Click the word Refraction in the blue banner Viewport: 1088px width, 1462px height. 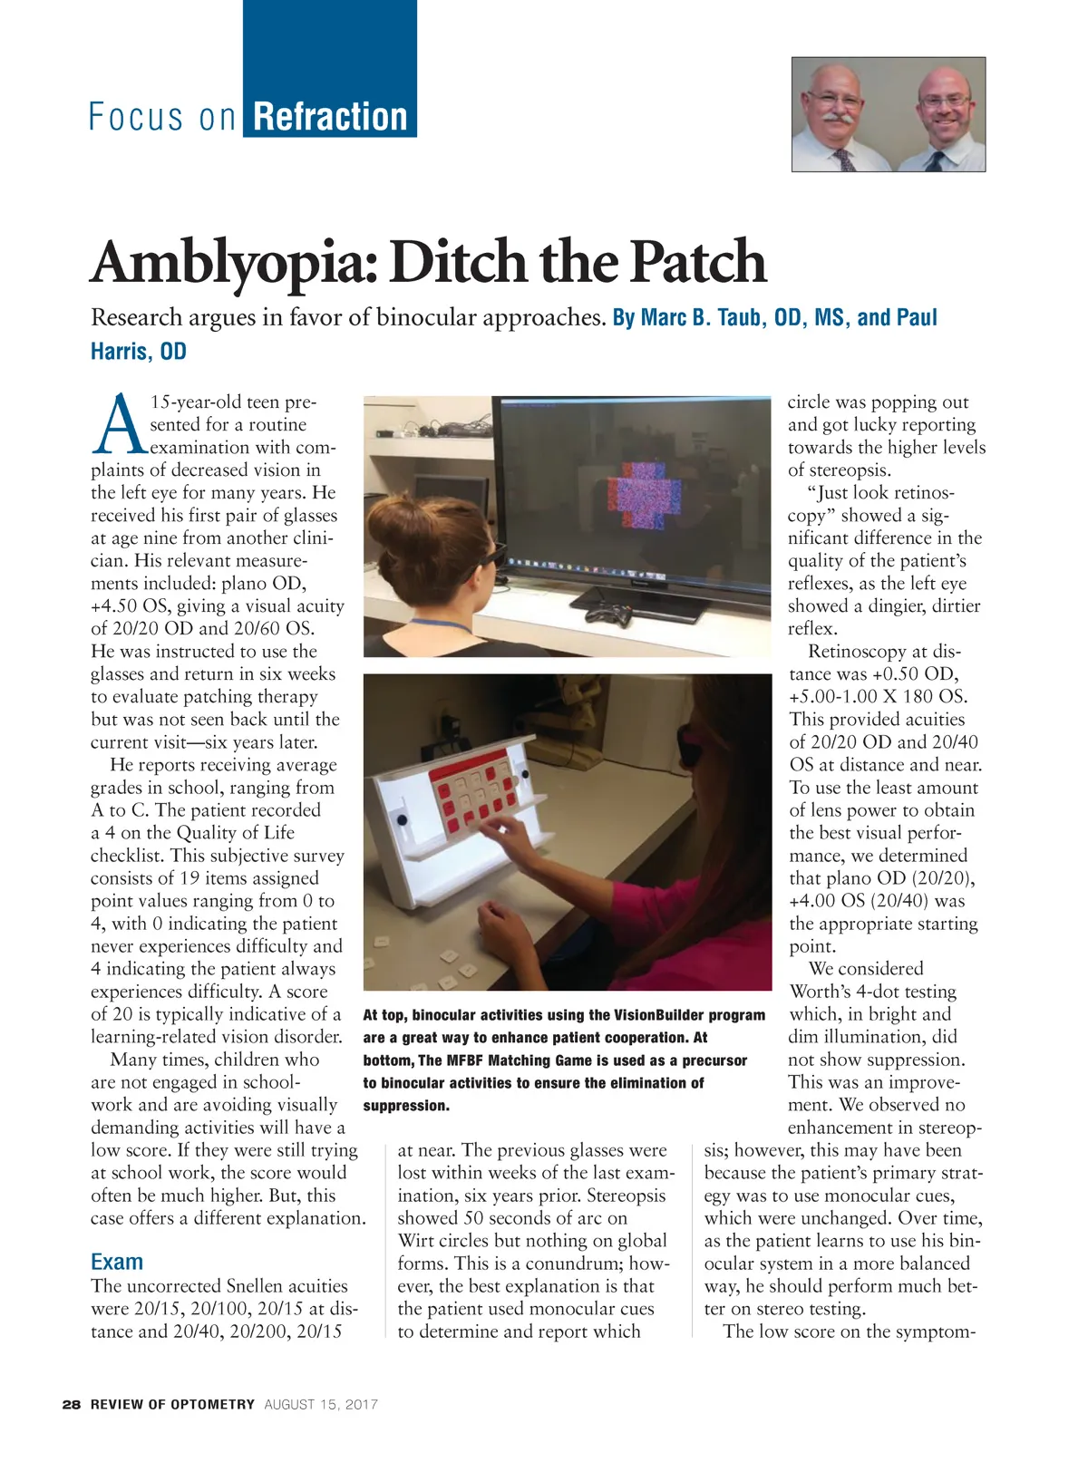pyautogui.click(x=330, y=118)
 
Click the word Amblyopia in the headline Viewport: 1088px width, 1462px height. pyautogui.click(x=232, y=263)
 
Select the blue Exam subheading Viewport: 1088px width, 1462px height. pyautogui.click(x=117, y=1262)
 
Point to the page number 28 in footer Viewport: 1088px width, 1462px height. pyautogui.click(x=72, y=1405)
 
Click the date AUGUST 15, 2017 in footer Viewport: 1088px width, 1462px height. pyautogui.click(x=321, y=1405)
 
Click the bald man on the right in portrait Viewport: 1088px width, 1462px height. pyautogui.click(x=943, y=116)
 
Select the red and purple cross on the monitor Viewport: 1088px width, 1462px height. pyautogui.click(x=643, y=494)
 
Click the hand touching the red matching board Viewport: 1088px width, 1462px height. pyautogui.click(x=513, y=831)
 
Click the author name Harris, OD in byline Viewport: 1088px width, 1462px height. pyautogui.click(x=139, y=352)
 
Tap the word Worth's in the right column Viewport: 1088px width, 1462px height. pyautogui.click(x=828, y=992)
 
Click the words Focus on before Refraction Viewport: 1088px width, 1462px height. pyautogui.click(x=162, y=118)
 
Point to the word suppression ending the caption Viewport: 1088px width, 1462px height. pyautogui.click(x=405, y=1106)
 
